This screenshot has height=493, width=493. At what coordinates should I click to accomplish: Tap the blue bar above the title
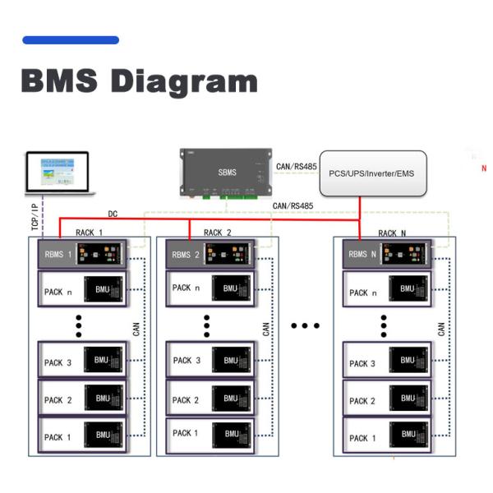71,39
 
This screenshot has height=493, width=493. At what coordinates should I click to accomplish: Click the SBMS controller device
226,173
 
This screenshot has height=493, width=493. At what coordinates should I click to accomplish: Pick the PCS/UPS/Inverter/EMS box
373,173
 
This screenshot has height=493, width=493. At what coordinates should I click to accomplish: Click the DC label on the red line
113,214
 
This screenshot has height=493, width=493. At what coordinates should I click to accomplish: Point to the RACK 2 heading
217,233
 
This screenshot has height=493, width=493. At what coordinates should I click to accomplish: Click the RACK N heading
392,233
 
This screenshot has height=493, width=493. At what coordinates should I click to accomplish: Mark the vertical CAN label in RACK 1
136,329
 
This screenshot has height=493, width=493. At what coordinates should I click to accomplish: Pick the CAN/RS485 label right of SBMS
296,166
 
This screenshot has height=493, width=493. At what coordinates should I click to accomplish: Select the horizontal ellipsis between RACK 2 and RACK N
305,326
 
